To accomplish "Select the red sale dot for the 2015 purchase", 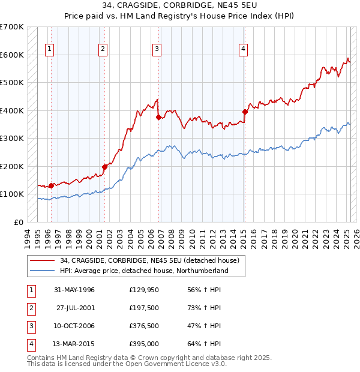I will pyautogui.click(x=245, y=112).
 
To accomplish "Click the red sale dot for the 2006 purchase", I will pyautogui.click(x=158, y=117).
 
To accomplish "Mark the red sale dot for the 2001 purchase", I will pyautogui.click(x=104, y=167).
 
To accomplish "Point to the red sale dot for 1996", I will pyautogui.click(x=51, y=185).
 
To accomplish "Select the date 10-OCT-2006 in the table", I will pyautogui.click(x=75, y=325).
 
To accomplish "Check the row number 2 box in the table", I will pyautogui.click(x=30, y=308).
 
